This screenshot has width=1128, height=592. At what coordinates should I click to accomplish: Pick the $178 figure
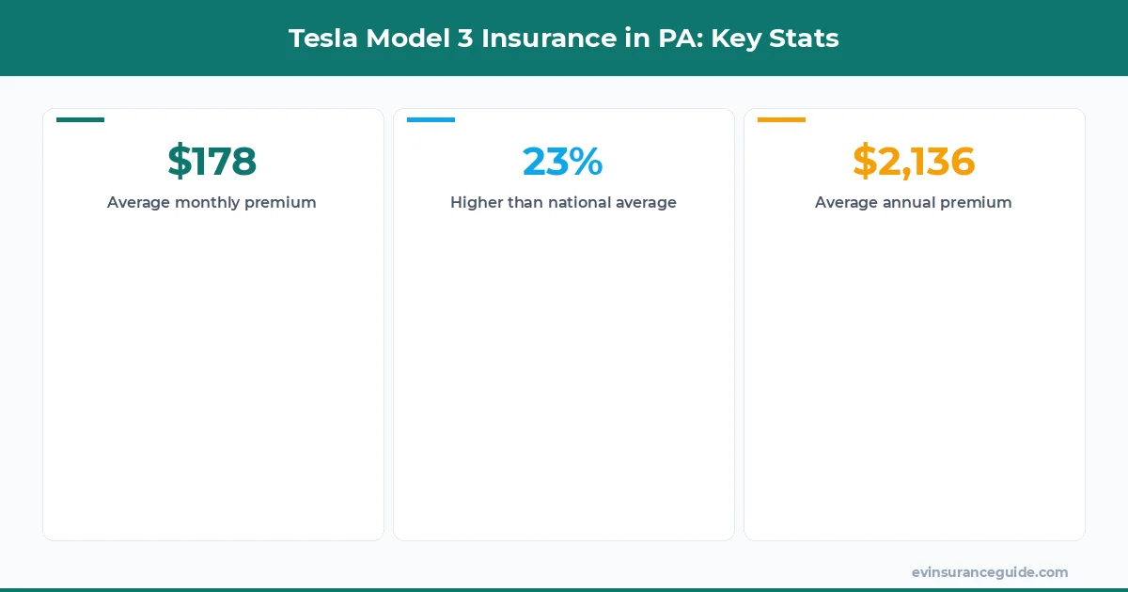(x=212, y=161)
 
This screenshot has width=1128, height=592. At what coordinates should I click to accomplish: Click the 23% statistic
(x=563, y=161)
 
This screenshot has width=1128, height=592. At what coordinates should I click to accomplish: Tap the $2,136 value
(x=914, y=161)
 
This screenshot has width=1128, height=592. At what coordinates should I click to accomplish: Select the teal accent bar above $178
(x=81, y=119)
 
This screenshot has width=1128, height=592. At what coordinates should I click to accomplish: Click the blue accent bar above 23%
(x=431, y=119)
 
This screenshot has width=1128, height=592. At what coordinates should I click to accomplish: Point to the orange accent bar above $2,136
(x=781, y=119)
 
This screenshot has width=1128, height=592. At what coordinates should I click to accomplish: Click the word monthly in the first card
(x=207, y=202)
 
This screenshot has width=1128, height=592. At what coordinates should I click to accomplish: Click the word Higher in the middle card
(x=476, y=202)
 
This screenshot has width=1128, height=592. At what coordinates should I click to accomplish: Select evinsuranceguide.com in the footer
(x=990, y=572)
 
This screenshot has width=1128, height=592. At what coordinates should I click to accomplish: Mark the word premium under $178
(x=280, y=202)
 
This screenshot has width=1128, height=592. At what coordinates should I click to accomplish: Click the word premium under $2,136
(x=978, y=202)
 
